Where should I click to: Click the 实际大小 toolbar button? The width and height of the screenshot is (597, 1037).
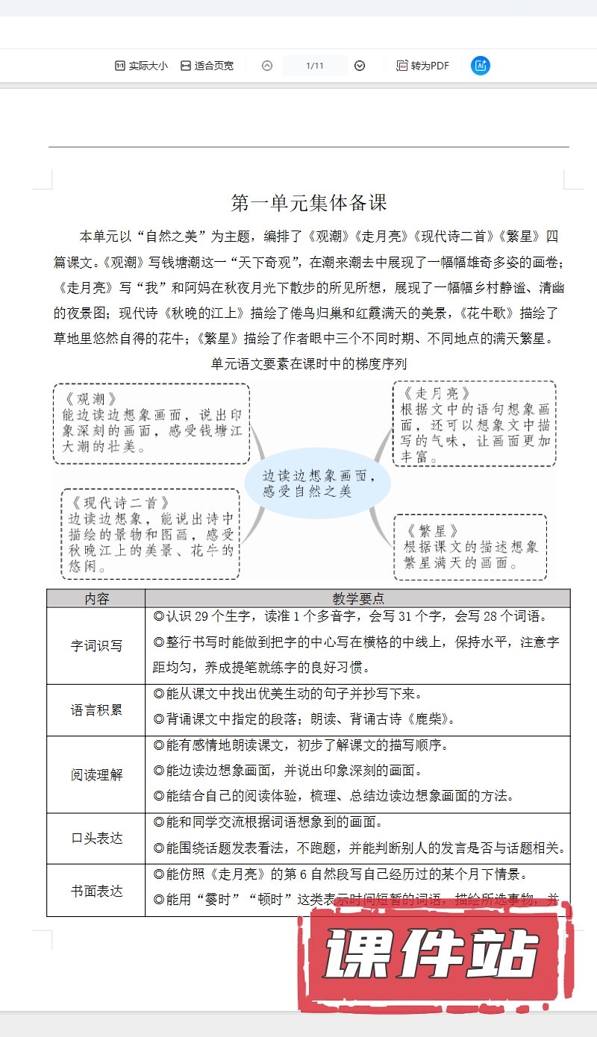[141, 66]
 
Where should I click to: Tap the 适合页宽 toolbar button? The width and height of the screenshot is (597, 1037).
[207, 66]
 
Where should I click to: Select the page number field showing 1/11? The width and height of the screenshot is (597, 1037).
[314, 66]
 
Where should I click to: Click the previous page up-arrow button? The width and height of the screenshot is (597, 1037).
[267, 66]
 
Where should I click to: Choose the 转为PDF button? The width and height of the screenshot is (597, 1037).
[422, 66]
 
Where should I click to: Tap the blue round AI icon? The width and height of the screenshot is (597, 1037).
[481, 66]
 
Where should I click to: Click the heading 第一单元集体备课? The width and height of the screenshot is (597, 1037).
[309, 203]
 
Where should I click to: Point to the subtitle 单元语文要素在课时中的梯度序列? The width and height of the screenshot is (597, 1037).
[309, 364]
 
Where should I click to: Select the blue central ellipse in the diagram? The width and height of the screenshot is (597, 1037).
[318, 483]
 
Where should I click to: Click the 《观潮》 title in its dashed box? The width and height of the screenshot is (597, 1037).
[92, 398]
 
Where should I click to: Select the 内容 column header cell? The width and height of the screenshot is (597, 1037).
[96, 598]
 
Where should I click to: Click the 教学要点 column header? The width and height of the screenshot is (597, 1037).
[357, 598]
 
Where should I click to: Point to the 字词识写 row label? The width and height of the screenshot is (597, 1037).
[96, 646]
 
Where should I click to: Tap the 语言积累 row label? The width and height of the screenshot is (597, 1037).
[96, 709]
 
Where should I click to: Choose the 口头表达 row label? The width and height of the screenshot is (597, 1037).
[96, 838]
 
